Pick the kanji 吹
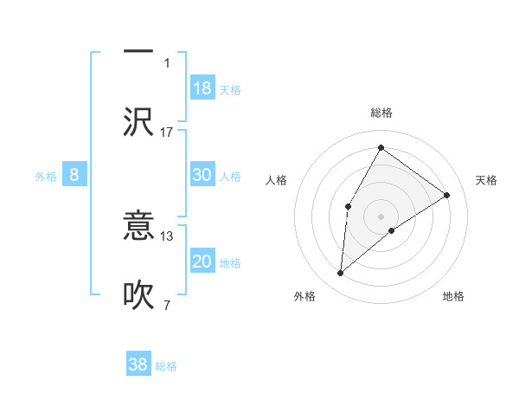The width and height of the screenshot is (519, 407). (138, 294)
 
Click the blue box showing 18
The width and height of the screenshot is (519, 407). (202, 88)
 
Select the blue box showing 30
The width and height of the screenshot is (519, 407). (202, 175)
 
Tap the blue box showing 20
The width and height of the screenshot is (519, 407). (202, 262)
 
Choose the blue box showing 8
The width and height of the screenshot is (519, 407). (74, 176)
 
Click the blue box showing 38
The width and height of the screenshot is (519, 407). (138, 365)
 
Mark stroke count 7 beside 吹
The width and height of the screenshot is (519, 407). (167, 304)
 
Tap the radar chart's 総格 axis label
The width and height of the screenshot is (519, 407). (381, 113)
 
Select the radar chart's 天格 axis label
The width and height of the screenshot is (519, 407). (486, 180)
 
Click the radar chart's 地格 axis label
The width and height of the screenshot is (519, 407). (453, 296)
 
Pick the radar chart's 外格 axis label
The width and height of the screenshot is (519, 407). (304, 296)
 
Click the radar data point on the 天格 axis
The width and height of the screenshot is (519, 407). (447, 195)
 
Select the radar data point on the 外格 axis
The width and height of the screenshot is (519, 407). (341, 274)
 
